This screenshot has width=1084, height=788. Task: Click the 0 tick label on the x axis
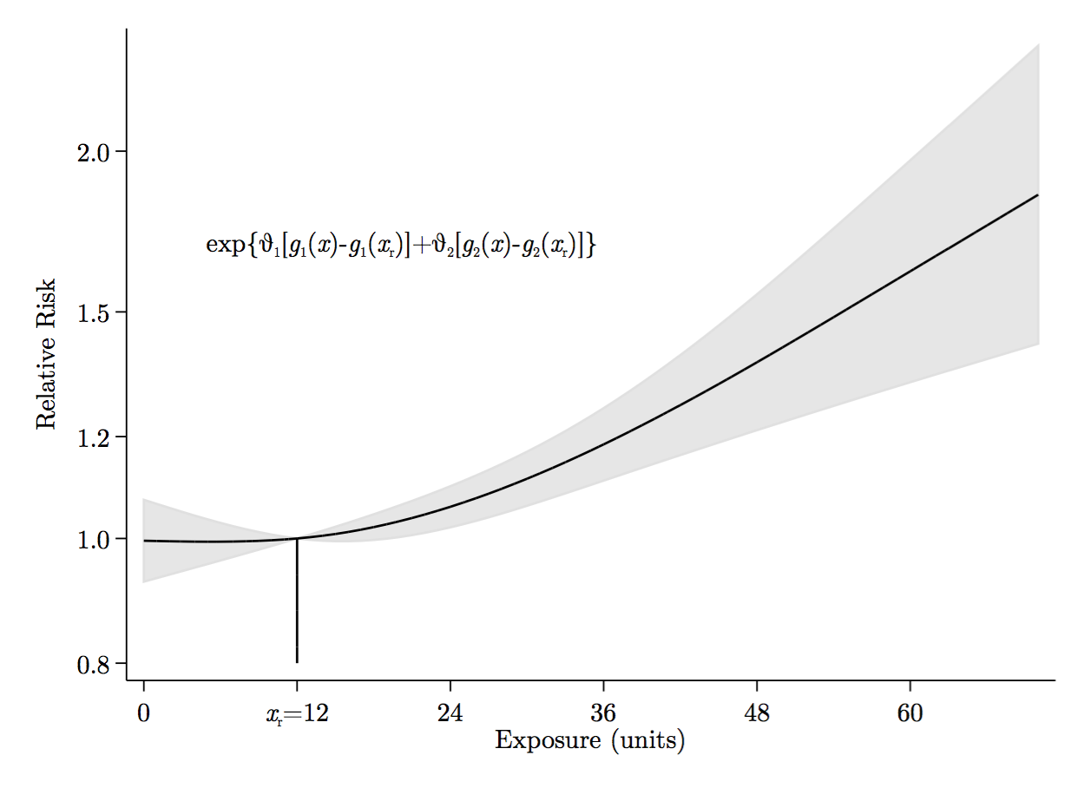pos(144,714)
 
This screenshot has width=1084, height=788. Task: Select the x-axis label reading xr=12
pos(297,714)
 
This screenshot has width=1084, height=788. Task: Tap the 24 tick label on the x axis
pos(450,714)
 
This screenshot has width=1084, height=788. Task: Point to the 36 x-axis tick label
pos(603,714)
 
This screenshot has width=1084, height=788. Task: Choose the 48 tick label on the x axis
pos(757,714)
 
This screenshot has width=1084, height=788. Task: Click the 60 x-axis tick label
pos(910,714)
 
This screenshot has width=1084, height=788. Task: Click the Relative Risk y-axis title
pos(45,354)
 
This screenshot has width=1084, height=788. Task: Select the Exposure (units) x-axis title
pos(590,741)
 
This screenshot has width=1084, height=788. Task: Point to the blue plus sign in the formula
pos(421,246)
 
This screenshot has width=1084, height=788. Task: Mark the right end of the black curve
pos(1038,195)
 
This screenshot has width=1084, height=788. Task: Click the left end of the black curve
pos(144,541)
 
